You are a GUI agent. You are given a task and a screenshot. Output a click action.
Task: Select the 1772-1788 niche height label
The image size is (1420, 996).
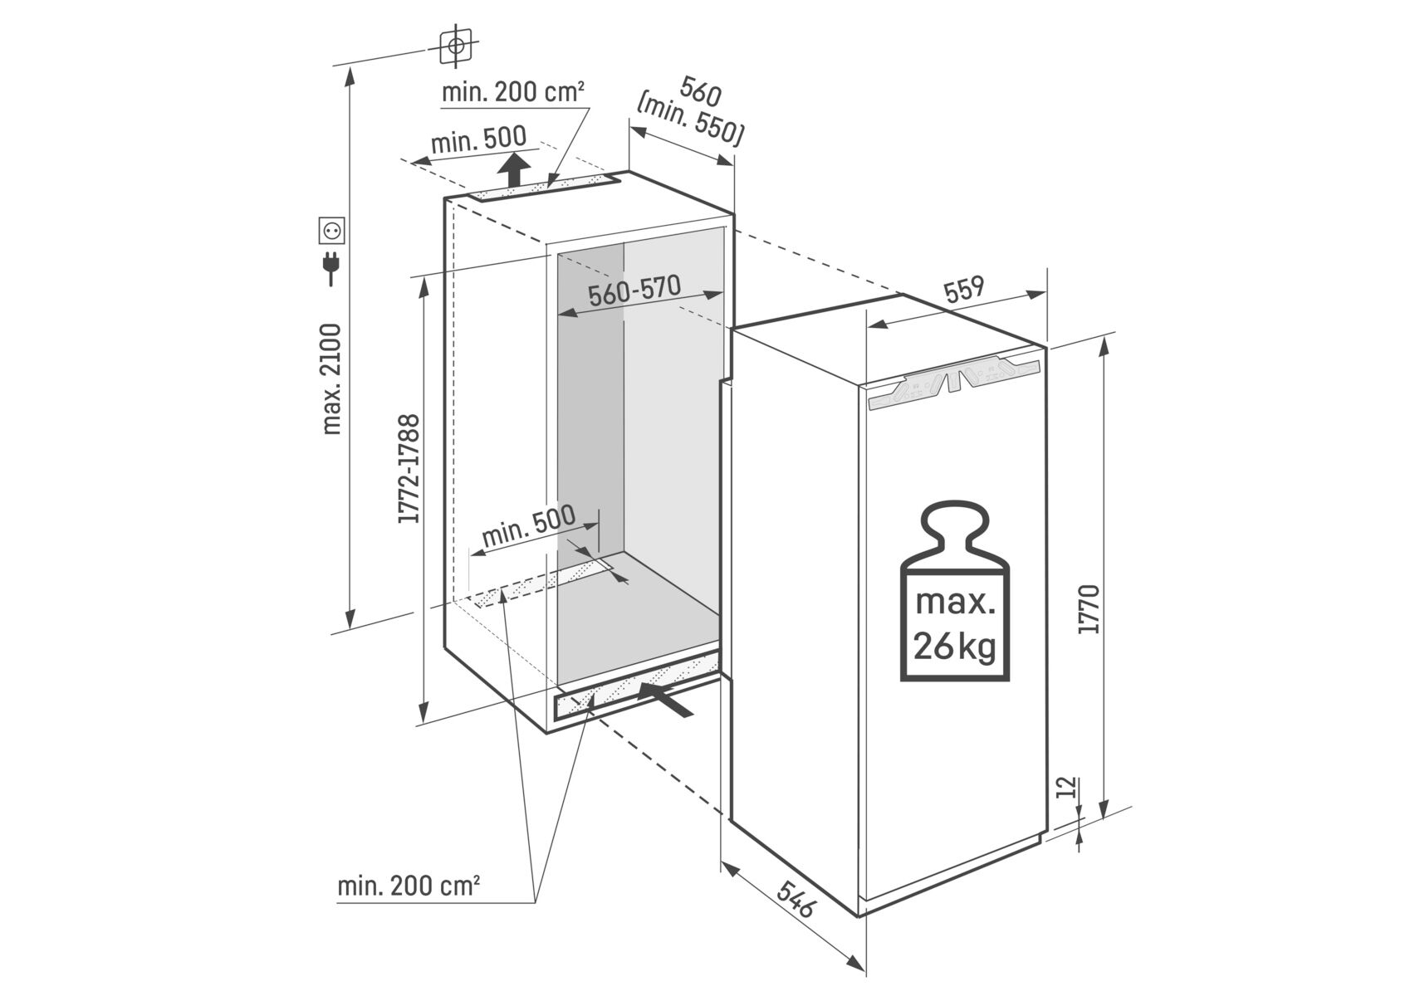pos(409,469)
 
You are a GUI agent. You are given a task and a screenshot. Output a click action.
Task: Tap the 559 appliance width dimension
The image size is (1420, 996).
pos(963,290)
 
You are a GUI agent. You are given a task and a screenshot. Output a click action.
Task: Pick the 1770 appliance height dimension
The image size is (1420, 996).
pos(1089,610)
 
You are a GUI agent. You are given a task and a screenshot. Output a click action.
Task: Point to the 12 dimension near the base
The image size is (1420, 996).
pos(1069,787)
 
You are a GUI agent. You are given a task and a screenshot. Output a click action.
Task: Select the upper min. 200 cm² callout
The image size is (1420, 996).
pos(512,92)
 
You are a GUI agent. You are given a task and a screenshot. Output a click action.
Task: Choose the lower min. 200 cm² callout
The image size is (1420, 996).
pos(409,886)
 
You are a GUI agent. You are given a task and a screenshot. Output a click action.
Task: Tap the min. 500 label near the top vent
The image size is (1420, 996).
pos(477,140)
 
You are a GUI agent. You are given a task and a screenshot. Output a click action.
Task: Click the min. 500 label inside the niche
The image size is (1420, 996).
pos(528,525)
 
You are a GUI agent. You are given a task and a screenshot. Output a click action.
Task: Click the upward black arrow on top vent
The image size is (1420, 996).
pos(515,172)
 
